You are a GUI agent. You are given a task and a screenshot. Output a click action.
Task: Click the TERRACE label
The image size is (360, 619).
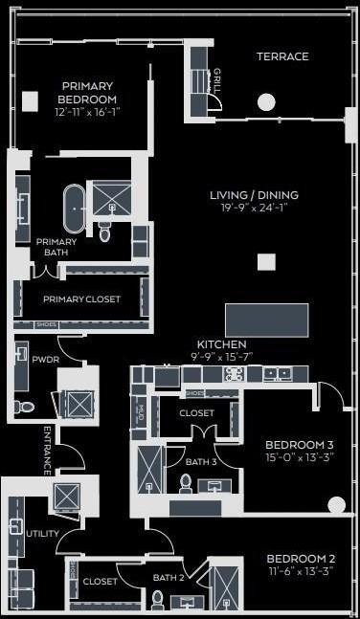(282, 56)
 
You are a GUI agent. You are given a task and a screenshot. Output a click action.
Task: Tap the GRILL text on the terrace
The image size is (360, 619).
(217, 78)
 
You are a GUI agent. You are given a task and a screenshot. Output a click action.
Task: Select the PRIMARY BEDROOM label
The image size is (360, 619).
(87, 92)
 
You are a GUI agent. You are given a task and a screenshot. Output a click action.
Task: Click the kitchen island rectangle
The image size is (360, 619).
(266, 317)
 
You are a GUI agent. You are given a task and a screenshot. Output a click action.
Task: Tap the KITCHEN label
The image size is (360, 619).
(221, 343)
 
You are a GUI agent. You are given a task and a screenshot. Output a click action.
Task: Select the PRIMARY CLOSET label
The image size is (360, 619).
(81, 299)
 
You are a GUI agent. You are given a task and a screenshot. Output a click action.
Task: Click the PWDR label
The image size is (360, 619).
(46, 361)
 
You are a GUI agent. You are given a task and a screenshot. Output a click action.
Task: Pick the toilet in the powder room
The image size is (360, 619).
(25, 407)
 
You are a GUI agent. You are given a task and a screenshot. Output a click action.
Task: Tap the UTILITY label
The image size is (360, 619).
(43, 533)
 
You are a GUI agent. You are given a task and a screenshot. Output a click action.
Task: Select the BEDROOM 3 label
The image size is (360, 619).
(300, 444)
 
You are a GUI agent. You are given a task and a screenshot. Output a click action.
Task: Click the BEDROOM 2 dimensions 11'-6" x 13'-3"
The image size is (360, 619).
(300, 571)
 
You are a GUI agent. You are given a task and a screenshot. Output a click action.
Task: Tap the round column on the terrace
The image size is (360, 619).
(266, 101)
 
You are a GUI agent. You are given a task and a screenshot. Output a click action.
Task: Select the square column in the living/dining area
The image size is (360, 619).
(266, 261)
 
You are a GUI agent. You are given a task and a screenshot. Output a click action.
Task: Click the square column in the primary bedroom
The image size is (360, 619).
(31, 99)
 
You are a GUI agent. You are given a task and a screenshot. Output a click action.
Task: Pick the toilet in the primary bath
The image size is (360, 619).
(104, 230)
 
